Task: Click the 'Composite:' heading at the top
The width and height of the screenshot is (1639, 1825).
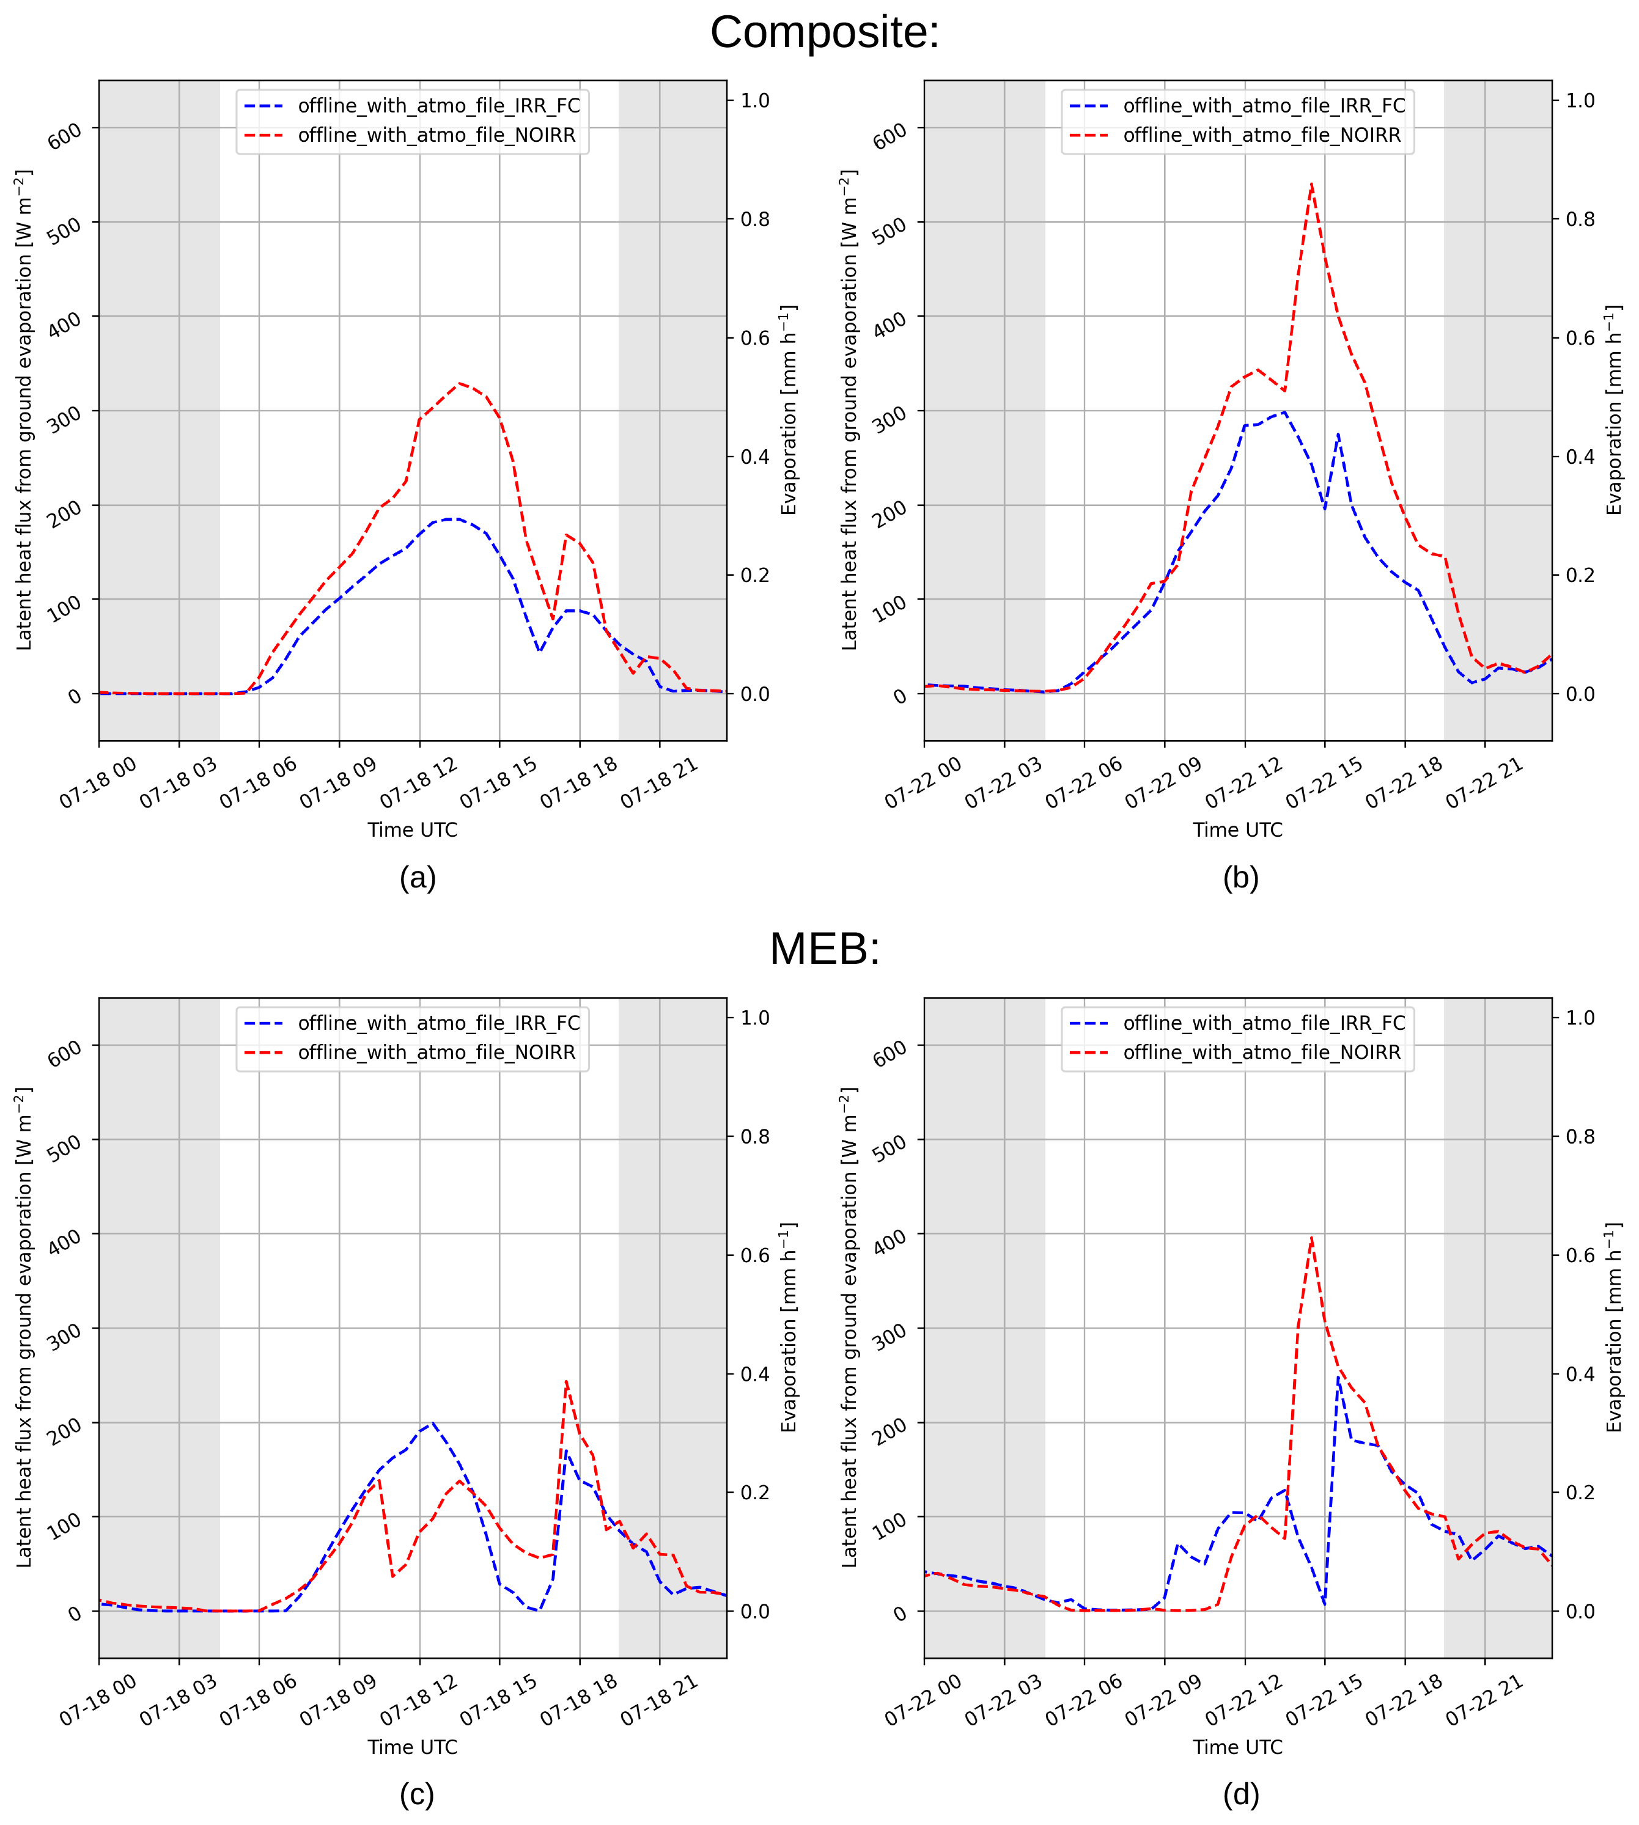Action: pyautogui.click(x=824, y=32)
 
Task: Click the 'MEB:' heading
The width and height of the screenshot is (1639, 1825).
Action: pyautogui.click(x=824, y=949)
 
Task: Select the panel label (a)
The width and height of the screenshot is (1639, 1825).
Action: pyautogui.click(x=418, y=878)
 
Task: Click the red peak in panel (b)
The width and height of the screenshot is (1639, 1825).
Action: pyautogui.click(x=1311, y=184)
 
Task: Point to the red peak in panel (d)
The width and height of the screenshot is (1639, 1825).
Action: pyautogui.click(x=1311, y=1237)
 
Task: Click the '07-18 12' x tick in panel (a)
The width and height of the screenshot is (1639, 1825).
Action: pyautogui.click(x=419, y=782)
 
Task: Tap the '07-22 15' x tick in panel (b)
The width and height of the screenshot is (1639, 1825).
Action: pyautogui.click(x=1324, y=782)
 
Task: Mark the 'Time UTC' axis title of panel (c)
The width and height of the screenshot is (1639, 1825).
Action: pyautogui.click(x=413, y=1747)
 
